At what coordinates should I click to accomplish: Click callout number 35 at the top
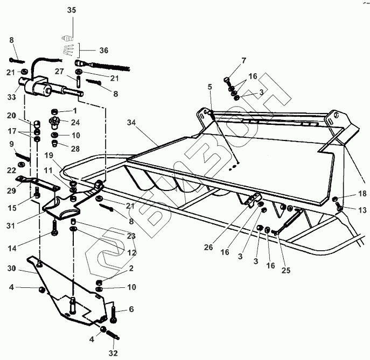[72, 10]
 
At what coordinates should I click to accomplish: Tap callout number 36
[103, 50]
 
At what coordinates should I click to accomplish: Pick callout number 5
[210, 86]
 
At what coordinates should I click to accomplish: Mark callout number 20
[11, 115]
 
